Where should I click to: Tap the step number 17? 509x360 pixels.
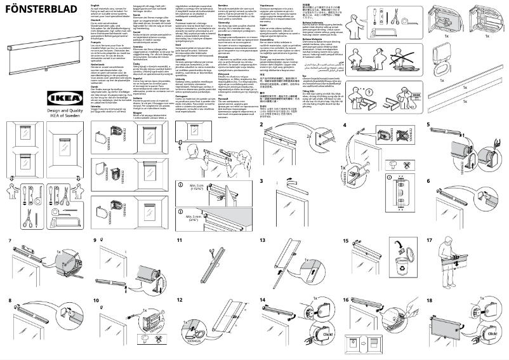tap(430, 241)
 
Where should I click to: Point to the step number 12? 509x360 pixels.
tap(180, 300)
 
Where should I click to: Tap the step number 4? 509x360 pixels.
tap(345, 125)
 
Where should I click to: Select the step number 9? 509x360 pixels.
tap(95, 241)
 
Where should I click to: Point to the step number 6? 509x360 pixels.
tap(429, 181)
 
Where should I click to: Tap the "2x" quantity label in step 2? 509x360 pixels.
tap(308, 135)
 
